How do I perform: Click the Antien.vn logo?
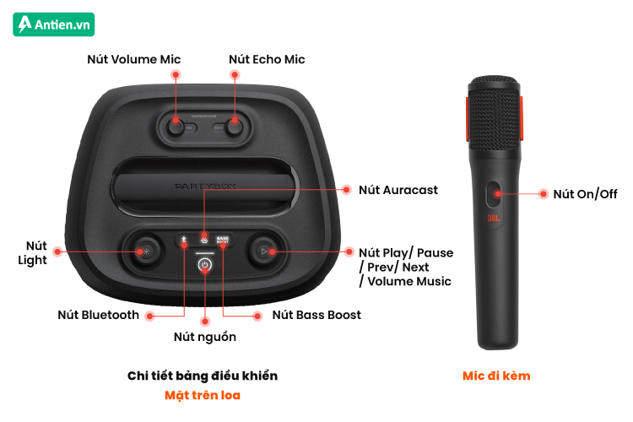pyautogui.click(x=54, y=24)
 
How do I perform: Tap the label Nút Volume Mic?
pyautogui.click(x=134, y=59)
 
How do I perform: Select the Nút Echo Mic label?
pyautogui.click(x=267, y=59)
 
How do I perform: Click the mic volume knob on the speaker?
pyautogui.click(x=176, y=127)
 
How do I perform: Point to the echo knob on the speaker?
pyautogui.click(x=234, y=127)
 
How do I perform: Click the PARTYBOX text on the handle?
pyautogui.click(x=205, y=187)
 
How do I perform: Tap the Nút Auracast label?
pyautogui.click(x=398, y=190)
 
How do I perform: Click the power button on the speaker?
pyautogui.click(x=205, y=265)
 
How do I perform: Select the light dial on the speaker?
pyautogui.click(x=145, y=252)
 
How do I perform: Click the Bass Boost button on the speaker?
pyautogui.click(x=223, y=240)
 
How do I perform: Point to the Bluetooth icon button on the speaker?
pyautogui.click(x=183, y=240)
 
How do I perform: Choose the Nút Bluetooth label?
pyautogui.click(x=98, y=315)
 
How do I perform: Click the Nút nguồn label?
pyautogui.click(x=205, y=337)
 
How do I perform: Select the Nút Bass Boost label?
pyautogui.click(x=316, y=315)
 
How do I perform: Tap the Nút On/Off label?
pyautogui.click(x=585, y=194)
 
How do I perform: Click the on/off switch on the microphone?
pyautogui.click(x=494, y=194)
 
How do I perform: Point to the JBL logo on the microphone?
pyautogui.click(x=494, y=219)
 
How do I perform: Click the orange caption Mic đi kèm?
pyautogui.click(x=496, y=376)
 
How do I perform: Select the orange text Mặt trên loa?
pyautogui.click(x=203, y=395)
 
